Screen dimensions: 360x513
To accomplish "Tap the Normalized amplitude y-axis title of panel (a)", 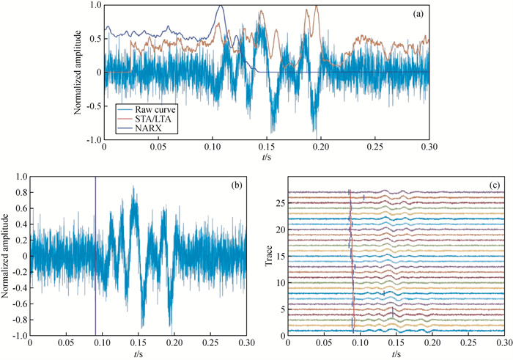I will coord(78,72).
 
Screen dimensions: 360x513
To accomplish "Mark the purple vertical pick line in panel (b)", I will coord(95,257).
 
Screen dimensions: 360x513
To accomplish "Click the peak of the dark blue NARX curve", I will coord(221,6).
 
